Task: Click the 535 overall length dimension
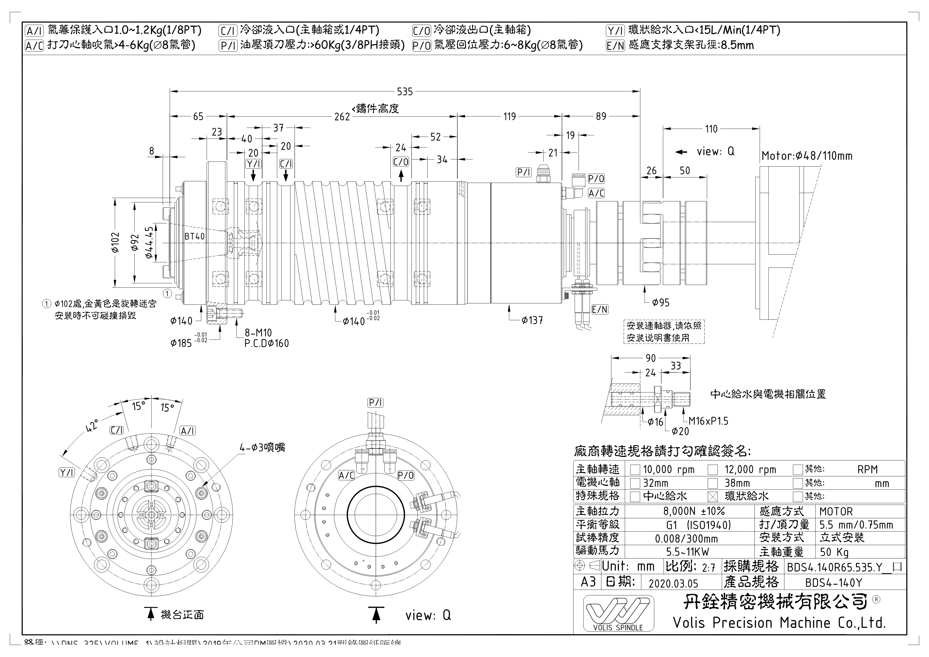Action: pyautogui.click(x=405, y=92)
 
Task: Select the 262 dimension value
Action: pyautogui.click(x=342, y=117)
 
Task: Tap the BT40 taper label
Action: pyautogui.click(x=195, y=236)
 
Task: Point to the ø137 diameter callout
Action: pyautogui.click(x=532, y=321)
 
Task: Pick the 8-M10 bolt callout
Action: pyautogui.click(x=258, y=333)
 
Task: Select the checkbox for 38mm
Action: pyautogui.click(x=713, y=483)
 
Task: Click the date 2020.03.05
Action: pyautogui.click(x=673, y=583)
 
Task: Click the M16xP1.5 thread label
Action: pyautogui.click(x=708, y=421)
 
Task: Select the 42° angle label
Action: pyautogui.click(x=92, y=425)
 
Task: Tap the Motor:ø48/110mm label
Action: pyautogui.click(x=806, y=156)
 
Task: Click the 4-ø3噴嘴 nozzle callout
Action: pyautogui.click(x=262, y=448)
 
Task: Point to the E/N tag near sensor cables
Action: pyautogui.click(x=600, y=310)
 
